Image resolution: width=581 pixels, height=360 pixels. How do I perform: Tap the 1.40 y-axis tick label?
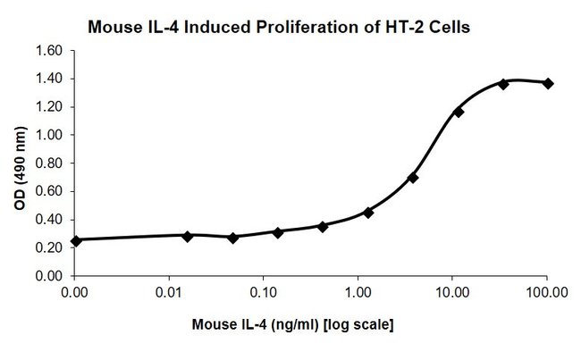coord(49,79)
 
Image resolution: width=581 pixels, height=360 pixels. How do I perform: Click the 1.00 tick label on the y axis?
coord(49,135)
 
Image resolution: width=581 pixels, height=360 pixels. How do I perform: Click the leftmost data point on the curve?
coord(76,240)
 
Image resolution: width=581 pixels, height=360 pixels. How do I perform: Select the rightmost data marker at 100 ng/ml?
coord(548,83)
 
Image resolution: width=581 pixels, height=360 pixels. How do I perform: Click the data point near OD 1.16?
coord(459,112)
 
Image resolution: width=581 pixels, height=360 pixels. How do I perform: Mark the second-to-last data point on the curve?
coord(503,84)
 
